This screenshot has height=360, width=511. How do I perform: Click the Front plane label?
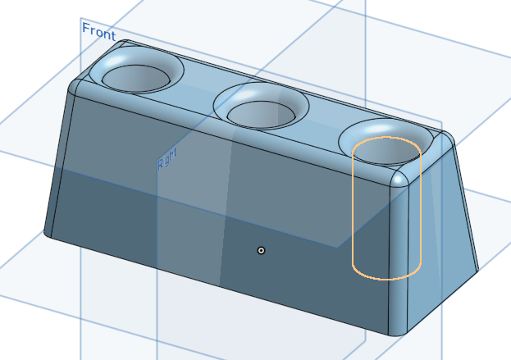98,31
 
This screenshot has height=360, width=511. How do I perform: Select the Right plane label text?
167,162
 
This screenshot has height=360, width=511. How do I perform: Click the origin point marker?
261,250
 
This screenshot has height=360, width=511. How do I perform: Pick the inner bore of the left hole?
135,79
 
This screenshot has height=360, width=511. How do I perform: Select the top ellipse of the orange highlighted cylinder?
386,141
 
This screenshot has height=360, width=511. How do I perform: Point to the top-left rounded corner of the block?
75,84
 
